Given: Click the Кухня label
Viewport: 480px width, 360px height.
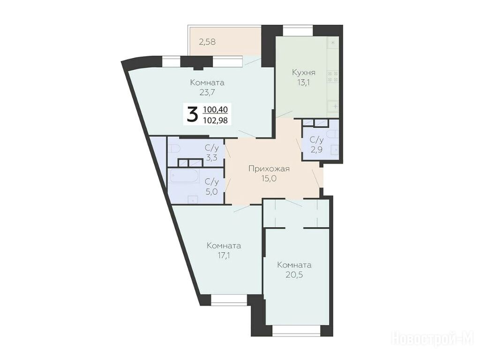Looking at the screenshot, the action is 303,73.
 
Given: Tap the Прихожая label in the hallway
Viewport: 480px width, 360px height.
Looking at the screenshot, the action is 269,169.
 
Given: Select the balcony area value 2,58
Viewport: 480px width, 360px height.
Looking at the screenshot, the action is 207,42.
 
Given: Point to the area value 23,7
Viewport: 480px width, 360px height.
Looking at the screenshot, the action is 207,92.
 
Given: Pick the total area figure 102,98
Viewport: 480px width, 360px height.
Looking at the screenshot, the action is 215,120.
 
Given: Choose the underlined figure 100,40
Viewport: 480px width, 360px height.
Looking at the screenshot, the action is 215,109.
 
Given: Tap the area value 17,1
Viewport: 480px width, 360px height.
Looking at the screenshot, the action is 224,255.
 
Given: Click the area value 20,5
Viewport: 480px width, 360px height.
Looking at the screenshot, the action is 294,275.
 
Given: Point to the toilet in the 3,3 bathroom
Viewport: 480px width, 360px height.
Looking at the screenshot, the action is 175,149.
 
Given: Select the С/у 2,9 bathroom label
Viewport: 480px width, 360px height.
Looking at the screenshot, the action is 316,145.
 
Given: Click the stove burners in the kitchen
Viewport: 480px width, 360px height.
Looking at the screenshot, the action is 333,76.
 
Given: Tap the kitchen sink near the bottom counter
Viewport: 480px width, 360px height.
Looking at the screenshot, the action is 334,106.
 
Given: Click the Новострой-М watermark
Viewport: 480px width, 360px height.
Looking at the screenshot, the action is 433,339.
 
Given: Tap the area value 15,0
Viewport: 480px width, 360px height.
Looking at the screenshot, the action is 269,179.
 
